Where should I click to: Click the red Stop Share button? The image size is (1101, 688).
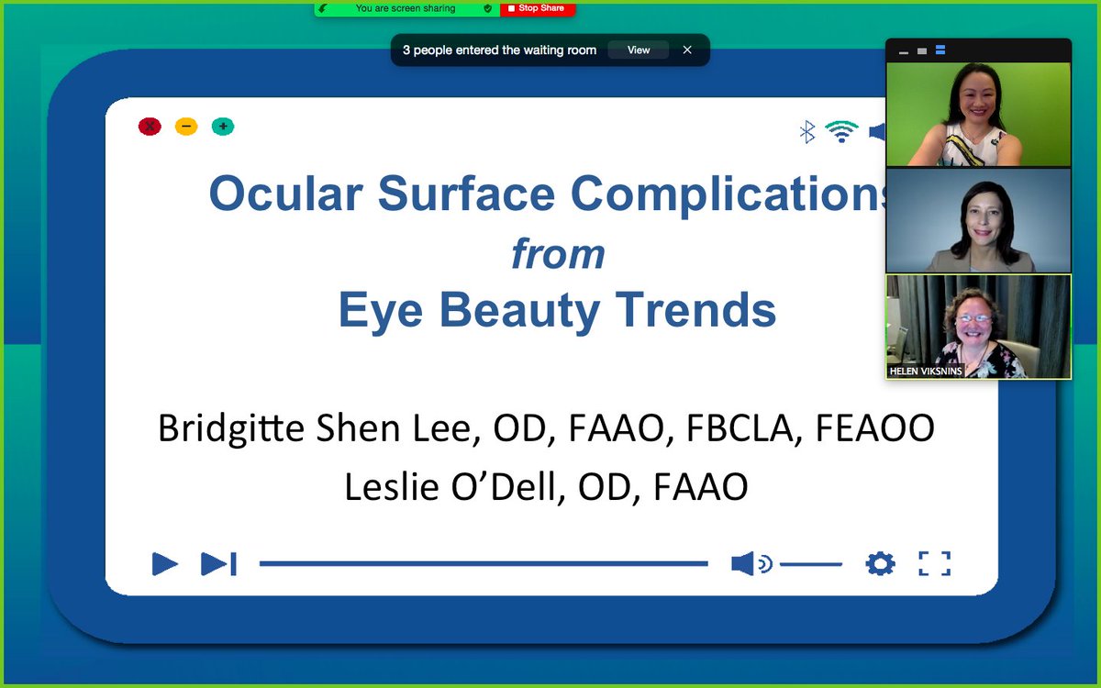(x=537, y=8)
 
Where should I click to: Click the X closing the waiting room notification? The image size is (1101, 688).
(x=687, y=50)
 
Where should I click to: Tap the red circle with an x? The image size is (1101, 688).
(x=150, y=127)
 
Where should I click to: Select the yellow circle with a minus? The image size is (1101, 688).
(x=186, y=127)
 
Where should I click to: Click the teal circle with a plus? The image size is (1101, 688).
(x=223, y=127)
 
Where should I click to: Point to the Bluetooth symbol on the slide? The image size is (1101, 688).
(x=807, y=132)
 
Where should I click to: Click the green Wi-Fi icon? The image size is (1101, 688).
(x=841, y=131)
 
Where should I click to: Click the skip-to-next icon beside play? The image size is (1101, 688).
(x=218, y=563)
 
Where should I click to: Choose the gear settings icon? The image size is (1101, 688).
(x=880, y=563)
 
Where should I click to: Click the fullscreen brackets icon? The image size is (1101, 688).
(x=934, y=563)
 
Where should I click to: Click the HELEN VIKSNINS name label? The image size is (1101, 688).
(x=926, y=372)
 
